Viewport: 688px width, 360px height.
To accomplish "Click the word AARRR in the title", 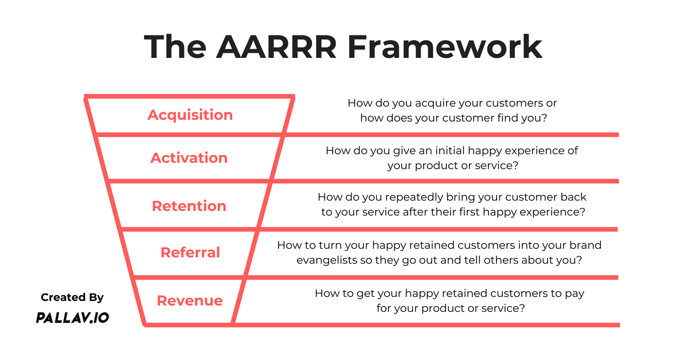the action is pos(276,46).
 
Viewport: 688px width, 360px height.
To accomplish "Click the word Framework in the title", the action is pos(445,46).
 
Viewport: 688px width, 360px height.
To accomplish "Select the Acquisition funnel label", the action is pos(190,115).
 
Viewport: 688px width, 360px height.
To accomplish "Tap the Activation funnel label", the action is pos(189,158).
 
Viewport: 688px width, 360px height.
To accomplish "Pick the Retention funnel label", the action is pos(189,206).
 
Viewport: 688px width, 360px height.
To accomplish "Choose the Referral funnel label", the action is pos(190,252).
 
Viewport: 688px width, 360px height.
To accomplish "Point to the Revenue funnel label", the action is pos(190,300).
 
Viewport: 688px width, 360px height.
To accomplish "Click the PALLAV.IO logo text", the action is pos(72,318).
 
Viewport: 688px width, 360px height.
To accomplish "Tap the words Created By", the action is pos(72,298).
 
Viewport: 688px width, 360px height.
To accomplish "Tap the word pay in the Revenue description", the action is pos(574,294).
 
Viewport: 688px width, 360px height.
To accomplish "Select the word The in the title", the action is pos(175,46).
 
